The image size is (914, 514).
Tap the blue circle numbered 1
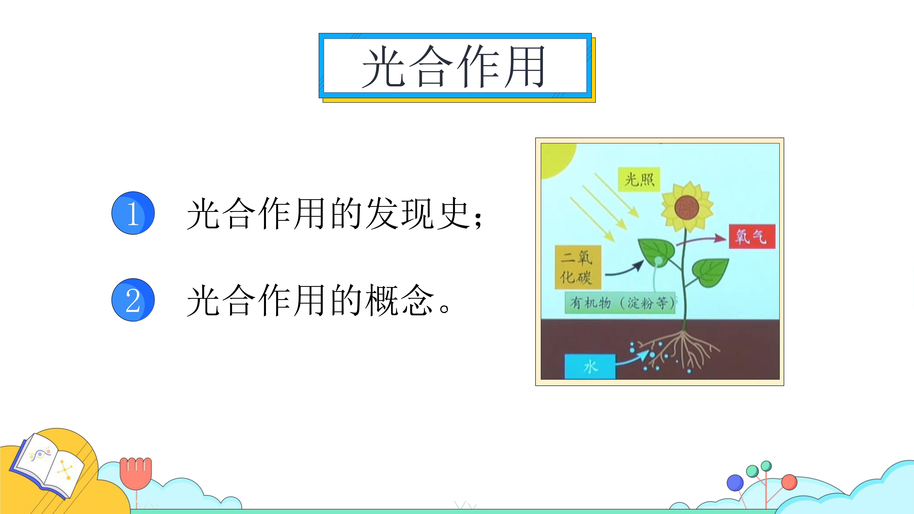click(x=133, y=213)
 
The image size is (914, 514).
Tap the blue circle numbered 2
click(x=133, y=300)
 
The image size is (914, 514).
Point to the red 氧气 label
click(x=752, y=236)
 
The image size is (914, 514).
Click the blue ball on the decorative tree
click(x=735, y=483)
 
